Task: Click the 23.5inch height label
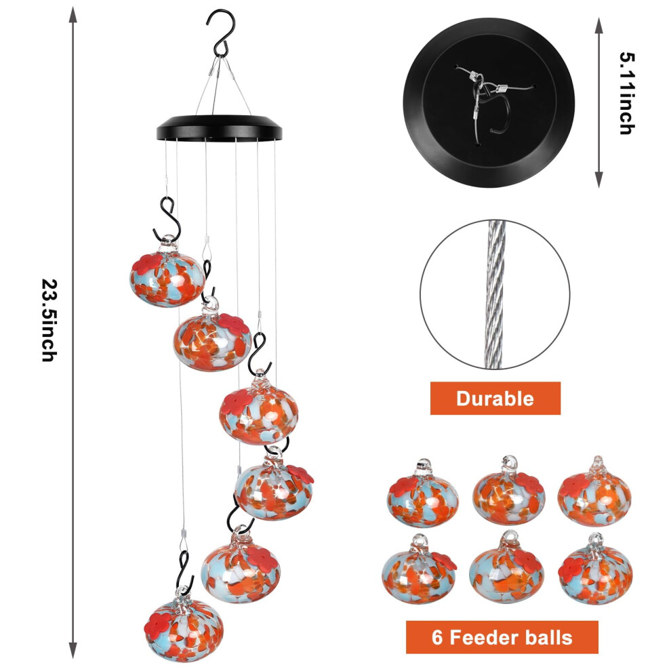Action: [49, 320]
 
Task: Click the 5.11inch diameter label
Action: [627, 94]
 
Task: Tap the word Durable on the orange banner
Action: [495, 399]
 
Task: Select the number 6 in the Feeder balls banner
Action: [437, 637]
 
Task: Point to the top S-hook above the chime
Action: [221, 33]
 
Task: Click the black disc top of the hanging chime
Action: [219, 128]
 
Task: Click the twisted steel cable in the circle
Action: [495, 294]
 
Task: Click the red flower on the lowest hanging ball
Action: [158, 624]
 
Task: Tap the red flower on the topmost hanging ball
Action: [147, 264]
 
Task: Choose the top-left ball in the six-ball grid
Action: [423, 493]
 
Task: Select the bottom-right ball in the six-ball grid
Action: [595, 569]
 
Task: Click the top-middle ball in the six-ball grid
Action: [508, 491]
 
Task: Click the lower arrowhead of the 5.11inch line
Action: [599, 180]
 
